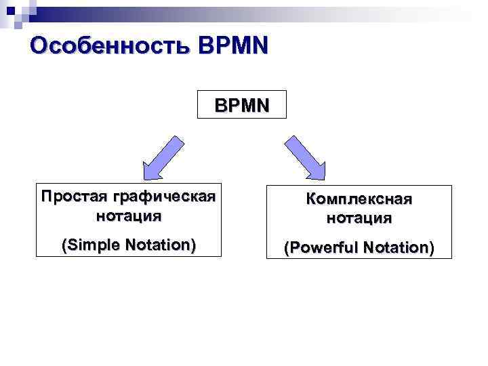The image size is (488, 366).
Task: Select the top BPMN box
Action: coord(241,105)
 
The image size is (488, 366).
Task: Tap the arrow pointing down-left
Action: coord(162,156)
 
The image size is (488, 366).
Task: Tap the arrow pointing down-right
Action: coord(305,156)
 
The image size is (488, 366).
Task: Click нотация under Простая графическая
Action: coord(128,216)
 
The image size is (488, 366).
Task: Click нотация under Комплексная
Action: coord(358,218)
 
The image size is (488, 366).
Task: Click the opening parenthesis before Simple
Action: coord(64,245)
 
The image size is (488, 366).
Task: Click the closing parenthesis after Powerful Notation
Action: coord(430,248)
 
